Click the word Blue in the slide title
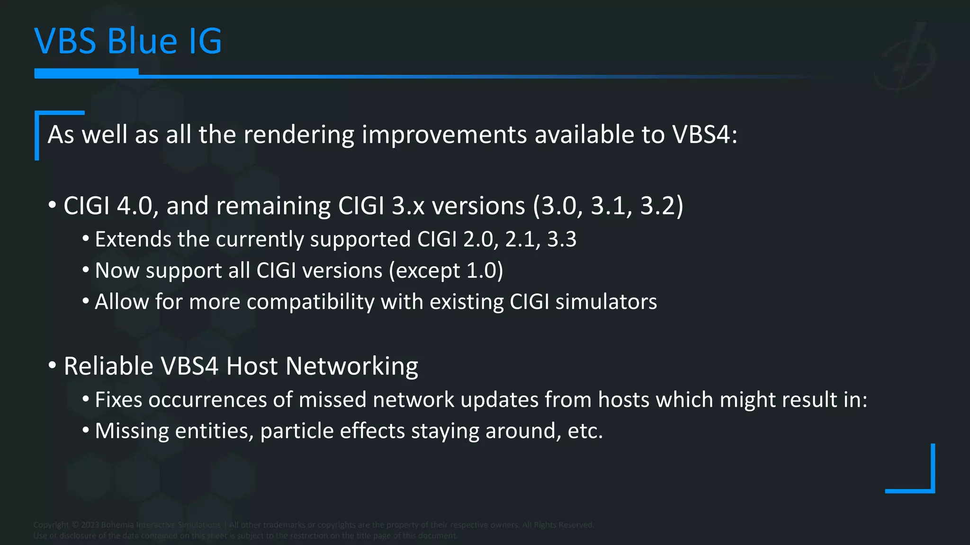pyautogui.click(x=142, y=41)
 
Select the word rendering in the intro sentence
pyautogui.click(x=298, y=135)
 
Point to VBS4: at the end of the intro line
pyautogui.click(x=705, y=135)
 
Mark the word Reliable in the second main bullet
pyautogui.click(x=108, y=367)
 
